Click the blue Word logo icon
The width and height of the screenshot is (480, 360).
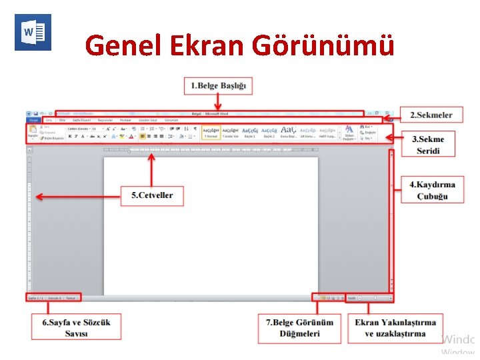(x=33, y=32)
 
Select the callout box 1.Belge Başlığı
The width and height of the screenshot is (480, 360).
(x=218, y=85)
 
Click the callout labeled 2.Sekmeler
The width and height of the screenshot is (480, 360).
(x=431, y=115)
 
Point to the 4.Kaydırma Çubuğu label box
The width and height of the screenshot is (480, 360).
(x=432, y=190)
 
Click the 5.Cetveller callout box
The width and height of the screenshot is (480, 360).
(x=152, y=195)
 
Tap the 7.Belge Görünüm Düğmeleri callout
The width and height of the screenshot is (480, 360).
(x=299, y=327)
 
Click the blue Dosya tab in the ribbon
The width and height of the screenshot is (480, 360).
(x=33, y=120)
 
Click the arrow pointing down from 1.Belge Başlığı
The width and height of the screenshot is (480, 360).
(x=217, y=102)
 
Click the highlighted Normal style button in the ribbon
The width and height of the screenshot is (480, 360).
(x=211, y=132)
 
